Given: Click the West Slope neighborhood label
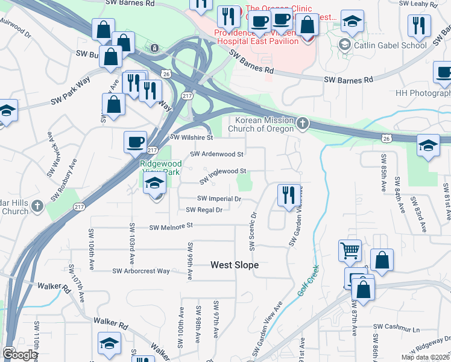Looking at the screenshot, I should (235, 265).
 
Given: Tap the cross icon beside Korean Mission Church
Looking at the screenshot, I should (303, 124).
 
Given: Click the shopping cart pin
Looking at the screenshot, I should (350, 251).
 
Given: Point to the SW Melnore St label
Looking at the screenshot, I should (171, 226).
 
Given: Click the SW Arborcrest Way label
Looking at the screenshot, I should (141, 271).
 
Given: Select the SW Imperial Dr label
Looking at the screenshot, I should (219, 198).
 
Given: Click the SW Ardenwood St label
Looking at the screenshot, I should (216, 154).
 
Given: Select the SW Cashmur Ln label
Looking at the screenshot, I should (396, 328).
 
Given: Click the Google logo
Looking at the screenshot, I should (19, 355).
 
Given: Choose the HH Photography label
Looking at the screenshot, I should (423, 94).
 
